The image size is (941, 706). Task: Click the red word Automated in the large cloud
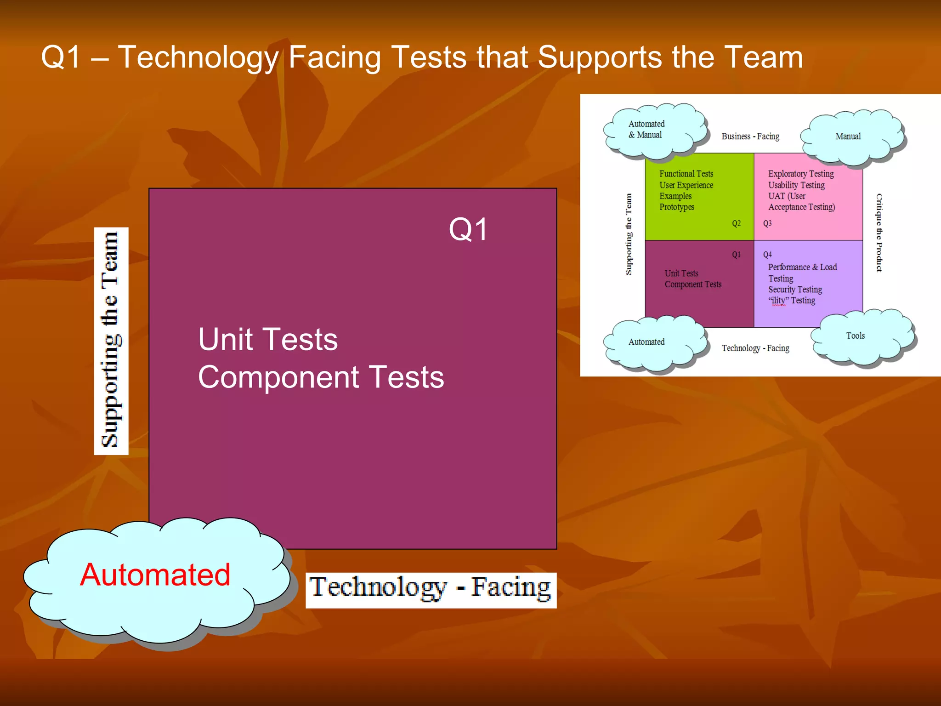pos(155,575)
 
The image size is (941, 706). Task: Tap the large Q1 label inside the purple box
pos(468,229)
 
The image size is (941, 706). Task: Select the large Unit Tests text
pos(268,339)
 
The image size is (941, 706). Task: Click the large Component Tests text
pos(321,377)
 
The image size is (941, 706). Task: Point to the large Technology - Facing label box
pos(431,590)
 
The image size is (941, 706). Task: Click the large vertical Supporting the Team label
pos(111,341)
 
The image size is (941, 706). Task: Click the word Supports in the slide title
pos(600,57)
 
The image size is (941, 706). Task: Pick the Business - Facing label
pos(750,137)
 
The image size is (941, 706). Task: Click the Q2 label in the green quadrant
pos(736,223)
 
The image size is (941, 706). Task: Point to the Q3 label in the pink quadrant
pos(767,223)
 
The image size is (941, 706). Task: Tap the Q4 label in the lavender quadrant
pos(767,255)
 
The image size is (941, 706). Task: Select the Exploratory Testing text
pos(800,174)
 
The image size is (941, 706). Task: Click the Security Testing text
pos(795,290)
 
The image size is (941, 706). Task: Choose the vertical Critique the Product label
pos(879,233)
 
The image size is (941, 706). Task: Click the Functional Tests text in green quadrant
pos(686,174)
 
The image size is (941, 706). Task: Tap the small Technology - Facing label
pos(755,348)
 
